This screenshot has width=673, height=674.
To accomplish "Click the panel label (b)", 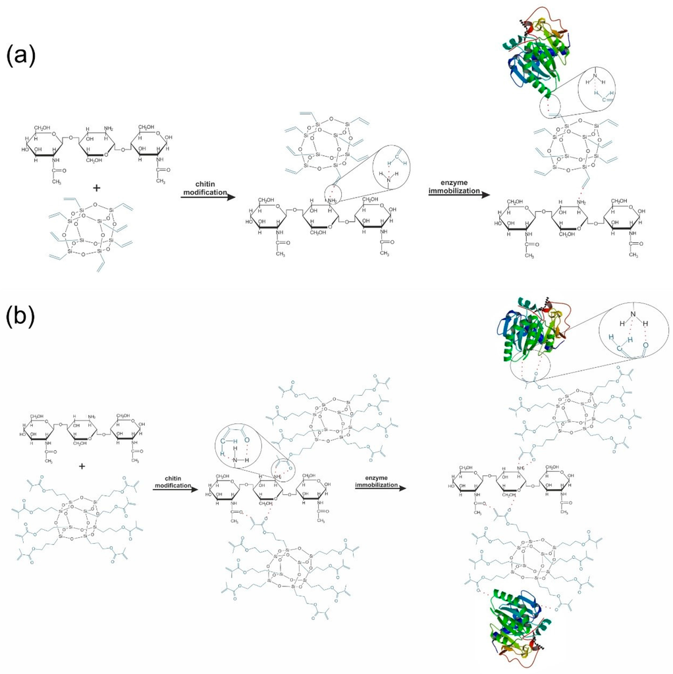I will pos(20,317).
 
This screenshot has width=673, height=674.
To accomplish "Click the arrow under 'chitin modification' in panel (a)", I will pos(205,195).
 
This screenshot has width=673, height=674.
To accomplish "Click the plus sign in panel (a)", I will pos(96,188).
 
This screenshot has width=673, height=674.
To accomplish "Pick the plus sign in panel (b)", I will pos(82,466).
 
